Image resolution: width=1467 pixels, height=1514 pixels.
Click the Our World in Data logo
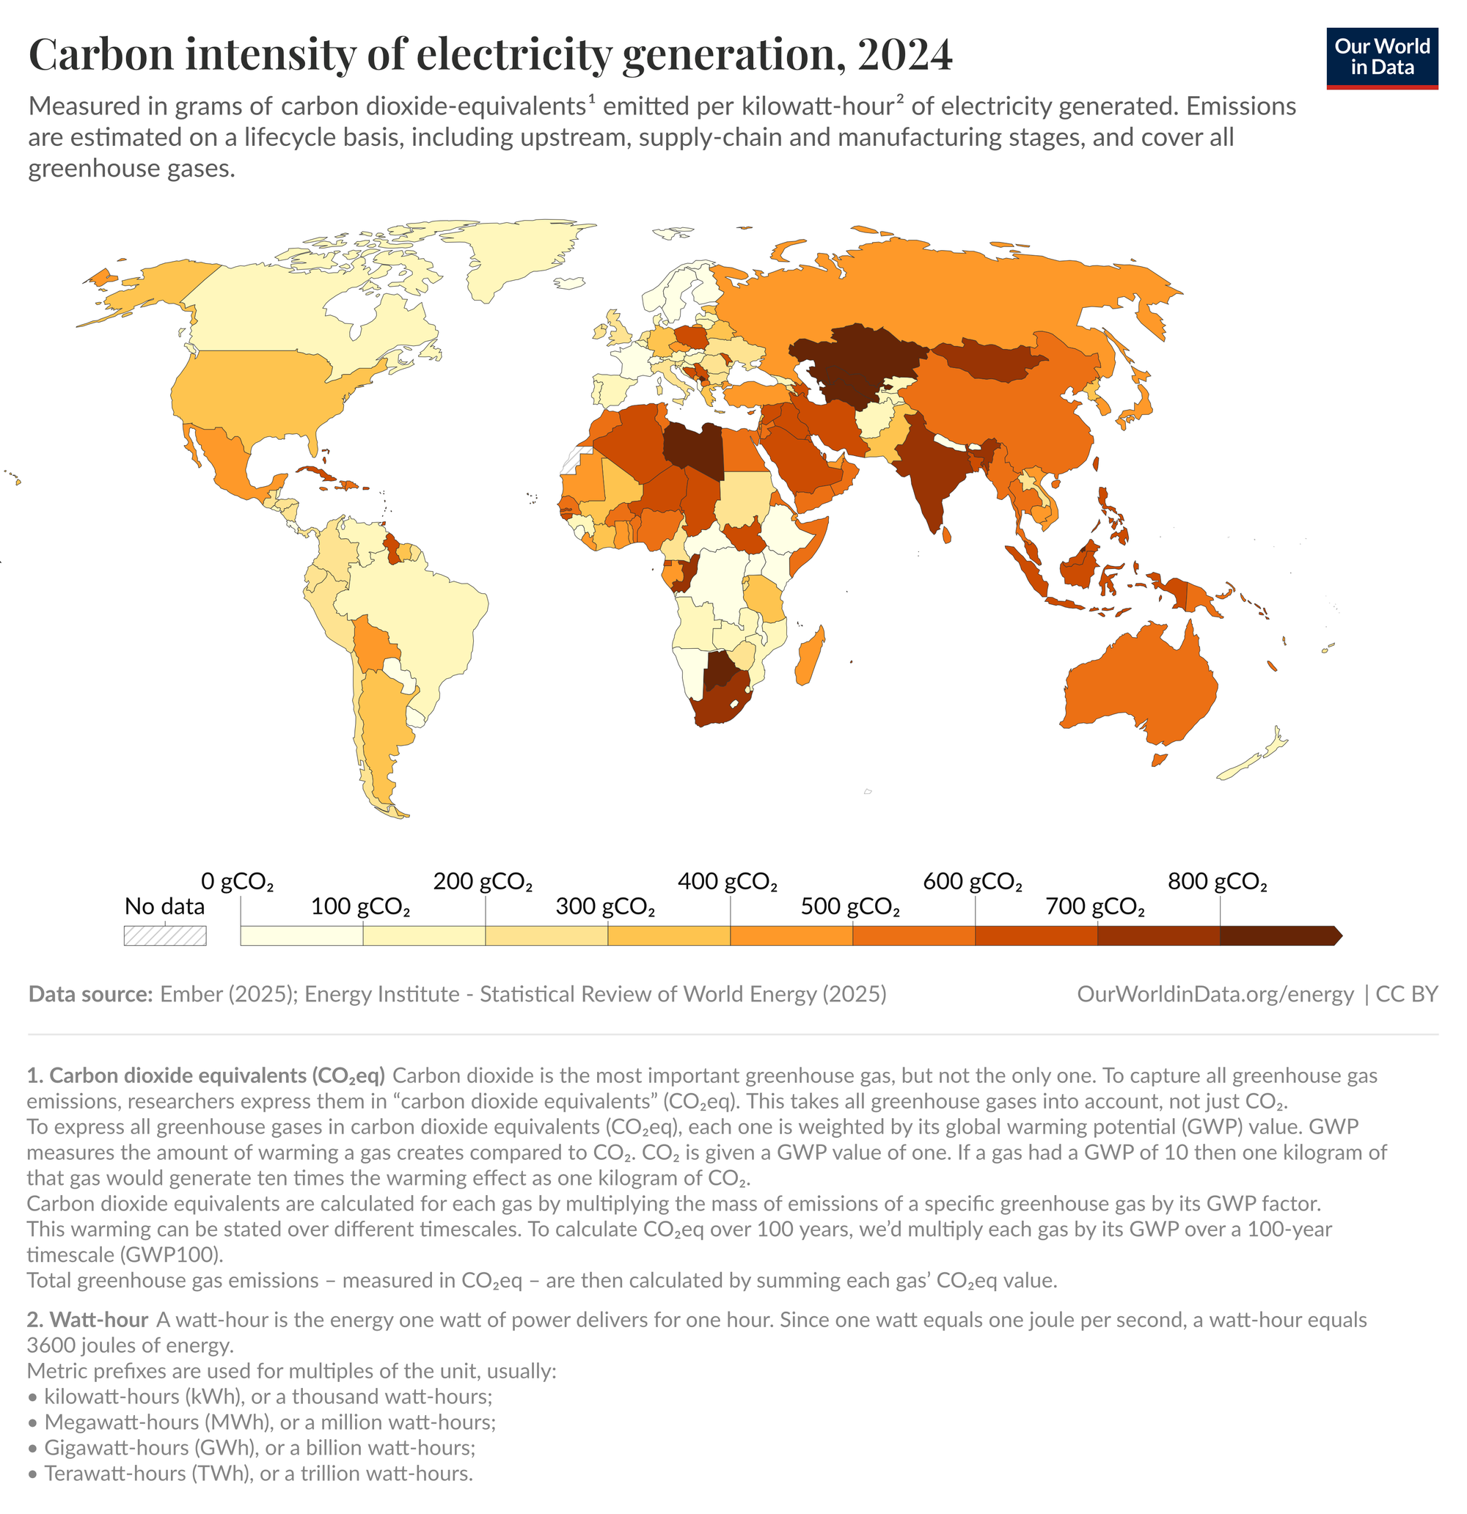point(1381,58)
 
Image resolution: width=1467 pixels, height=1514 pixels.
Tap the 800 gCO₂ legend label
point(1217,881)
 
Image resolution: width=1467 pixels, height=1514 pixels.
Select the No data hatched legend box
point(164,936)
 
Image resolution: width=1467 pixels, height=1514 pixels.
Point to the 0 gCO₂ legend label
point(237,881)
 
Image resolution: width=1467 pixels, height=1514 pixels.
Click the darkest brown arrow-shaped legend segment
point(1279,936)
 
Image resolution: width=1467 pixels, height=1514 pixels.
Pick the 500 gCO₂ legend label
point(849,906)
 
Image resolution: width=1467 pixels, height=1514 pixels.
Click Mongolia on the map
point(986,359)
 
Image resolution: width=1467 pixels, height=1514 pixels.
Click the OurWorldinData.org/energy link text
point(1215,994)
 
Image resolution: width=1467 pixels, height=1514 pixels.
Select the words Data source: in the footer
point(90,994)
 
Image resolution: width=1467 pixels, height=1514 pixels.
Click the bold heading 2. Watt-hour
point(87,1320)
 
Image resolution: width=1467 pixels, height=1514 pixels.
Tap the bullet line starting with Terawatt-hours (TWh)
point(258,1473)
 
